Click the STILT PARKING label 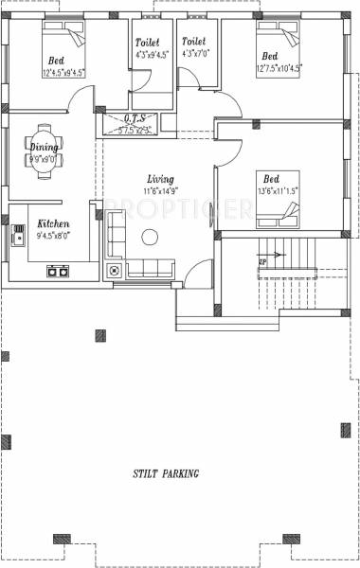pyautogui.click(x=167, y=472)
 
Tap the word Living pyautogui.click(x=160, y=179)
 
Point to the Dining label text pyautogui.click(x=44, y=148)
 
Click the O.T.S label pyautogui.click(x=133, y=117)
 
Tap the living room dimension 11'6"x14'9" pyautogui.click(x=160, y=190)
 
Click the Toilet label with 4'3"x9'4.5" pyautogui.click(x=147, y=43)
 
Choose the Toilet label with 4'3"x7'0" pyautogui.click(x=193, y=43)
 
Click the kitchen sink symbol pyautogui.click(x=18, y=236)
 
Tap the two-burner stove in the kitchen pyautogui.click(x=57, y=271)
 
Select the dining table pyautogui.click(x=44, y=147)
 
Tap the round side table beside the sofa pyautogui.click(x=115, y=271)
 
